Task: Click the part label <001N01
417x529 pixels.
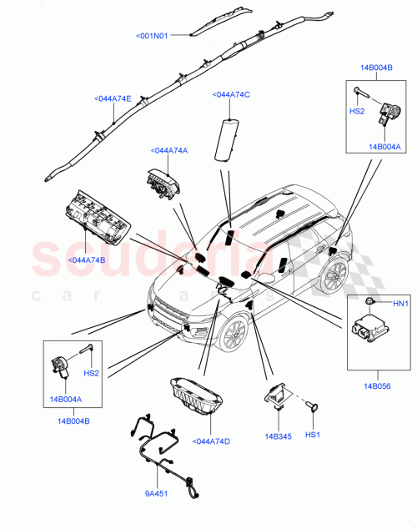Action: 152,36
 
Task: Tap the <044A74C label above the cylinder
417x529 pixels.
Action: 231,95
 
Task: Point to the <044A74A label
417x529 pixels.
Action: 169,150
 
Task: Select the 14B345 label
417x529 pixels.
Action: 278,435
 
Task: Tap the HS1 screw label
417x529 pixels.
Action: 313,435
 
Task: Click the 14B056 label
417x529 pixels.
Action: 375,386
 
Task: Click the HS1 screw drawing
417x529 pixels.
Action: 314,407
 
